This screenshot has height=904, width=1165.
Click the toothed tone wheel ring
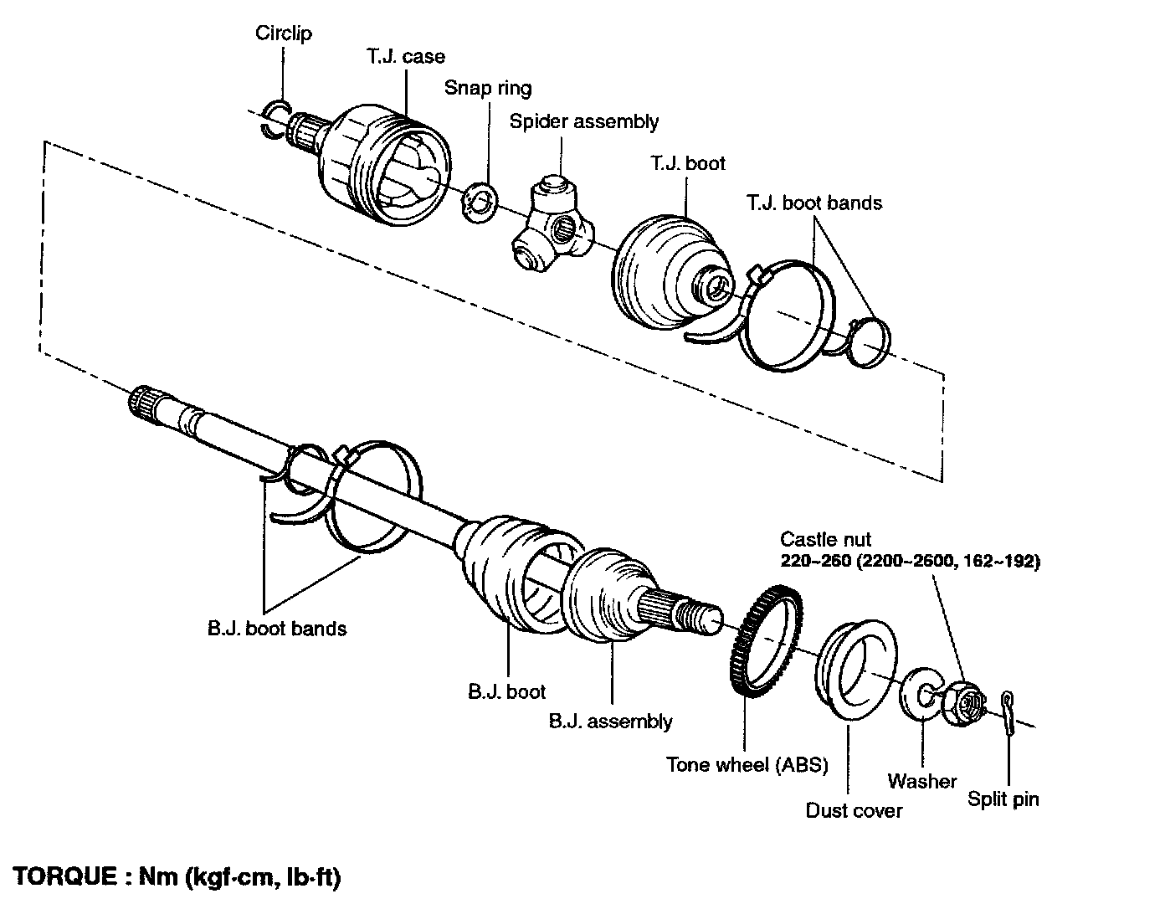click(x=737, y=638)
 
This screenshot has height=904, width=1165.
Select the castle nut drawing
click(x=963, y=703)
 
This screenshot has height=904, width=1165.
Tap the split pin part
click(x=1008, y=713)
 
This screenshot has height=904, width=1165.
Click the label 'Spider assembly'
click(x=583, y=121)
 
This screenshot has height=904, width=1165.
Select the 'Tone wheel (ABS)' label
click(x=747, y=764)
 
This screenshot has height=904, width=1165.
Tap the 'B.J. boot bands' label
click(x=277, y=629)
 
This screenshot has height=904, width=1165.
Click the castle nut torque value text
click(x=910, y=562)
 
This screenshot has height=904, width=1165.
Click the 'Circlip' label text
click(x=283, y=33)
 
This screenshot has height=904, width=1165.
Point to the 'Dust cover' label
click(x=854, y=811)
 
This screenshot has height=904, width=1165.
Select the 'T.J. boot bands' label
click(x=813, y=203)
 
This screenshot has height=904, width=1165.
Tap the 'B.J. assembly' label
click(x=610, y=722)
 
